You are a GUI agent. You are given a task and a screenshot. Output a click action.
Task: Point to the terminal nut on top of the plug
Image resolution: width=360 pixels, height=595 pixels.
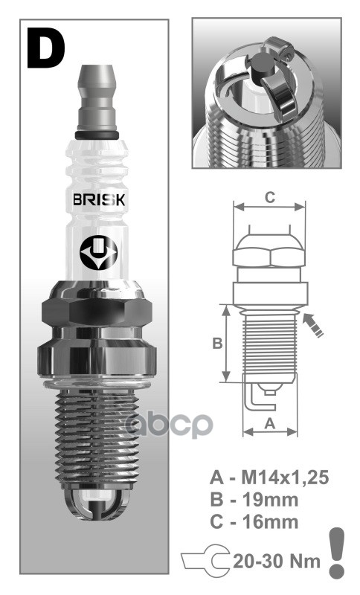pos(99,97)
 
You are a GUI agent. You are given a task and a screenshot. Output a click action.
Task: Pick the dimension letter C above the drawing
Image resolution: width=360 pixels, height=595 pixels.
pos(270,197)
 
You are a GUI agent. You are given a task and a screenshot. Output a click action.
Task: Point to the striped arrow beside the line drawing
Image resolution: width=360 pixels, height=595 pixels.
pos(315,325)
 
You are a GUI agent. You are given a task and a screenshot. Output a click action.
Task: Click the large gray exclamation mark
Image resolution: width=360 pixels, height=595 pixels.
pos(338,550)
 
